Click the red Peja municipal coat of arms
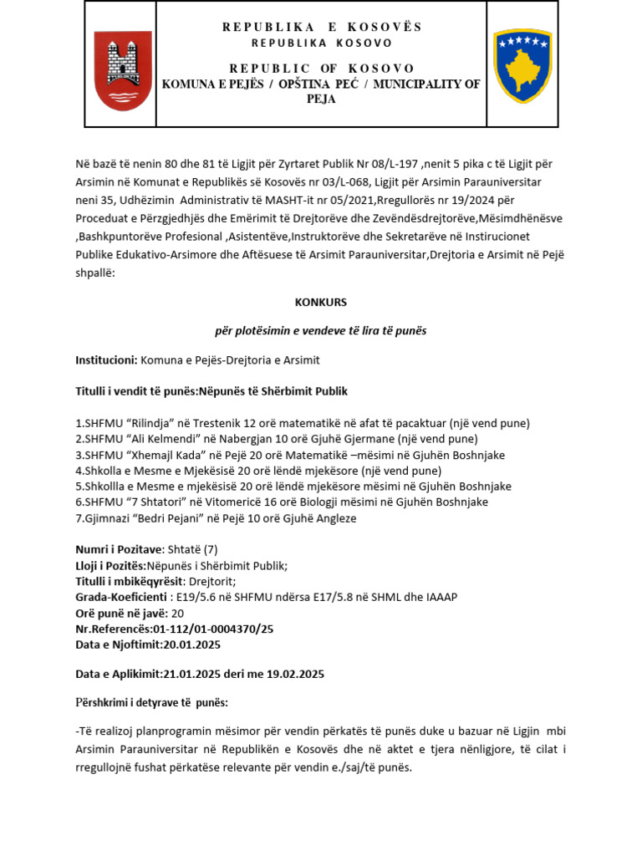point(123,70)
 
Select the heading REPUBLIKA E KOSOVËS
point(322,27)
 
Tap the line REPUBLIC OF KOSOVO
point(322,68)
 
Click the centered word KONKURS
point(321,302)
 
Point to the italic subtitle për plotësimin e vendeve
point(321,330)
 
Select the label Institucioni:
point(106,359)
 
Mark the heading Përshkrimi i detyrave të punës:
point(151,702)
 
